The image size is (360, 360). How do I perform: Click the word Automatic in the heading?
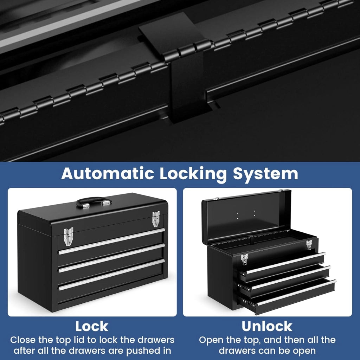click(x=107, y=174)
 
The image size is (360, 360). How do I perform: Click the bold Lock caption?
click(x=92, y=326)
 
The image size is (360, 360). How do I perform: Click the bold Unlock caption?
click(x=267, y=326)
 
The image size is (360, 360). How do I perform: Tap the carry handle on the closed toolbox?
click(x=94, y=202)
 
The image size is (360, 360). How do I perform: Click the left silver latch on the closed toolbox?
click(x=69, y=236)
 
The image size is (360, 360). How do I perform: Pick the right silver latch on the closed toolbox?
click(x=156, y=219)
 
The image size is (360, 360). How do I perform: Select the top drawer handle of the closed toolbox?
click(x=111, y=241)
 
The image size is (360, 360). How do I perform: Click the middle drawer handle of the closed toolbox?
click(x=111, y=258)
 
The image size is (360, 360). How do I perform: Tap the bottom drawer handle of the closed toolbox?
click(x=111, y=275)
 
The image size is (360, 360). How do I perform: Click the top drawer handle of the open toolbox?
click(x=285, y=263)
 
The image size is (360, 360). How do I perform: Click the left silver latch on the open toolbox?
click(x=245, y=259)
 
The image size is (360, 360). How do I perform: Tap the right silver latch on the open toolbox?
click(x=309, y=245)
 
